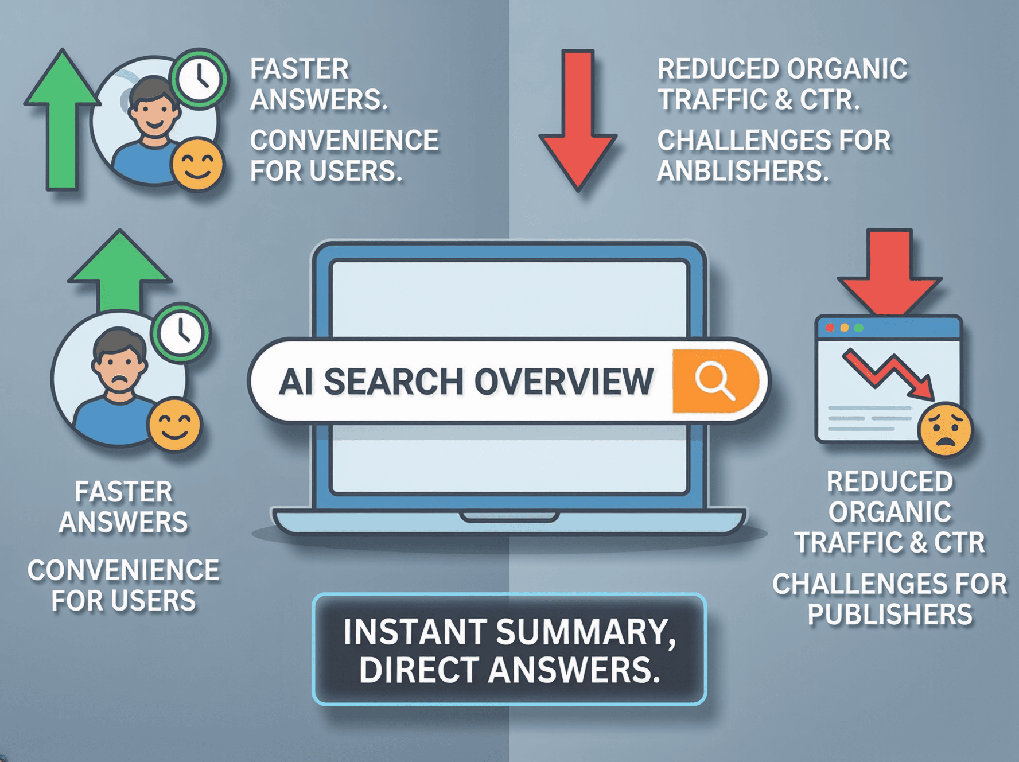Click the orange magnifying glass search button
click(x=714, y=380)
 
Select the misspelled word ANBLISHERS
click(x=742, y=171)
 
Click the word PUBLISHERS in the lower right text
click(x=890, y=615)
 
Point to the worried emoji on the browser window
click(x=945, y=429)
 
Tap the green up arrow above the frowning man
click(x=120, y=269)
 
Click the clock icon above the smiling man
click(x=199, y=78)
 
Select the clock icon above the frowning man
click(x=180, y=332)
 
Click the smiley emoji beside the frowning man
click(x=174, y=425)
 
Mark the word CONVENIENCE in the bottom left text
click(x=123, y=570)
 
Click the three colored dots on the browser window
click(x=844, y=328)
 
